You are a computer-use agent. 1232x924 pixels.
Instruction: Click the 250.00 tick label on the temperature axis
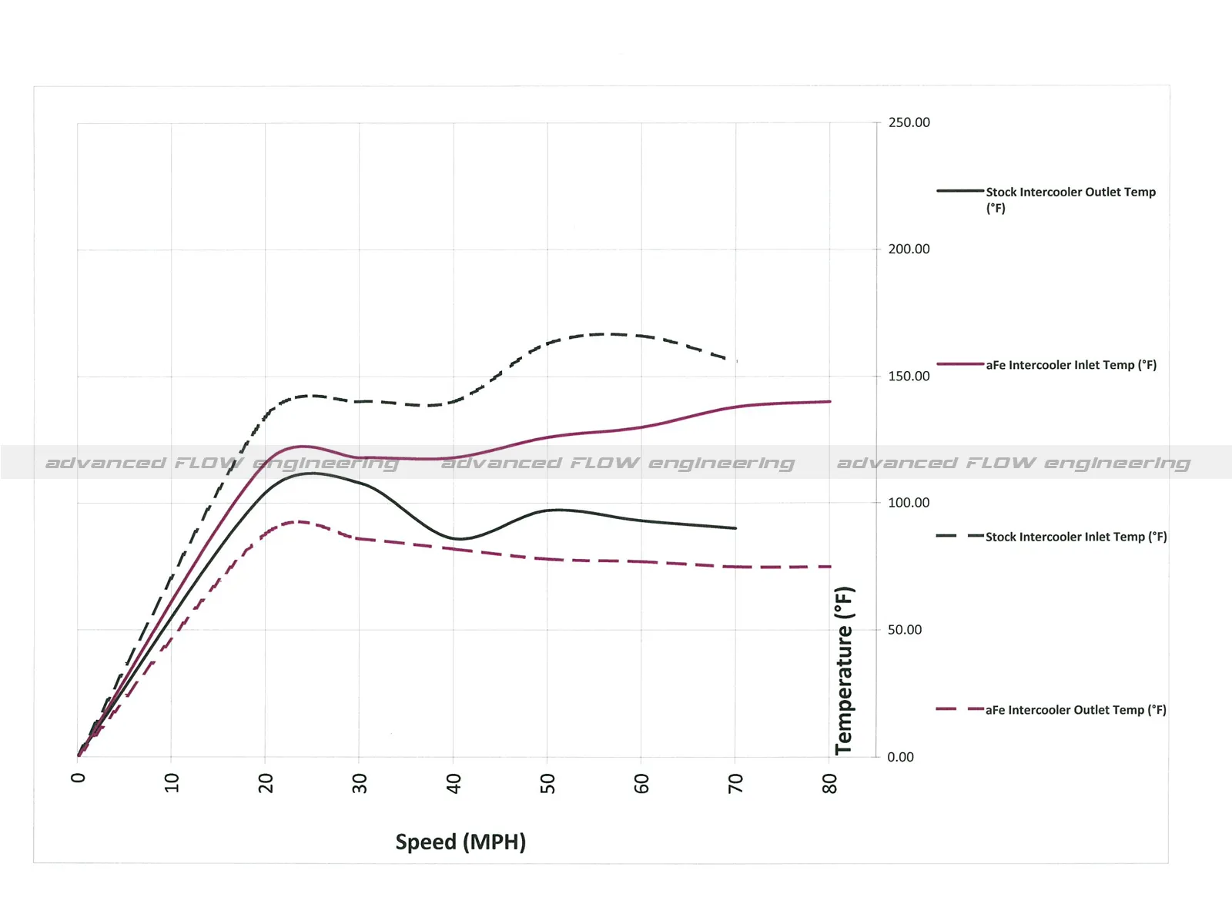click(909, 122)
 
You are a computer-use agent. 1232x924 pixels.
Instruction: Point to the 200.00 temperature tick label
click(909, 249)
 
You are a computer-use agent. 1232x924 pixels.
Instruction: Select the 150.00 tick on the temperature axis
click(909, 376)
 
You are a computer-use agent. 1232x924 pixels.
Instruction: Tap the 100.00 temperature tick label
click(909, 503)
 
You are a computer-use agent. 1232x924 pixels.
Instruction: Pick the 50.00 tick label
click(905, 630)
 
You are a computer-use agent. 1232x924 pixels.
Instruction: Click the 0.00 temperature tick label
click(900, 757)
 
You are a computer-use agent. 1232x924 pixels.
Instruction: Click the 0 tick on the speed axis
click(78, 778)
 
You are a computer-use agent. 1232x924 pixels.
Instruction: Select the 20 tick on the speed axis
click(266, 783)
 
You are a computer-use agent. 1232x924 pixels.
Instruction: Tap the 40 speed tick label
click(454, 783)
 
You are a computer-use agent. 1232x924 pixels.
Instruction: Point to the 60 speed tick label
click(641, 783)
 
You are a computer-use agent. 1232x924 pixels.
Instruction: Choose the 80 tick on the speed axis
click(829, 783)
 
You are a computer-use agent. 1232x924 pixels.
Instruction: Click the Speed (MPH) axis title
click(460, 842)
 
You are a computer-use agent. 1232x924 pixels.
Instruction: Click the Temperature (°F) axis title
click(845, 670)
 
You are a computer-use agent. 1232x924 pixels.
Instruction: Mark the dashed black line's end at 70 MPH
click(736, 360)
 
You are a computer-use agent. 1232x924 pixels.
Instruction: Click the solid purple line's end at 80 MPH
click(830, 401)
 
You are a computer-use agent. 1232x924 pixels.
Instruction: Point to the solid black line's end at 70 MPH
click(736, 528)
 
